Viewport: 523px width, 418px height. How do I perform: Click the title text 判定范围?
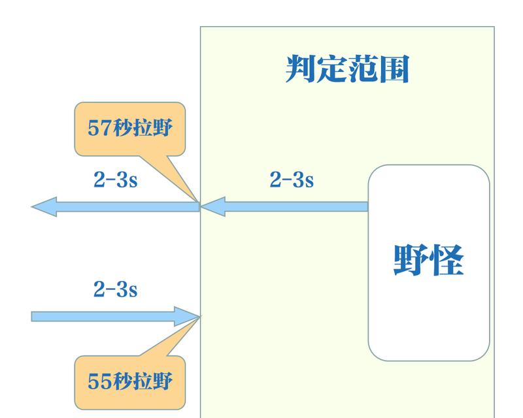pyautogui.click(x=347, y=69)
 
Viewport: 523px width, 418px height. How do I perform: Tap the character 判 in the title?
pyautogui.click(x=301, y=69)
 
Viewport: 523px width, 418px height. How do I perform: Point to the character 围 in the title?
pyautogui.click(x=395, y=69)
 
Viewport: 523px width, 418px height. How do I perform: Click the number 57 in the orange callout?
pyautogui.click(x=99, y=127)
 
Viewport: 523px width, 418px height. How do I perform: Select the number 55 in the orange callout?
pyautogui.click(x=99, y=381)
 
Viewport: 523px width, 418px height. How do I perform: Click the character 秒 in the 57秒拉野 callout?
pyautogui.click(x=122, y=127)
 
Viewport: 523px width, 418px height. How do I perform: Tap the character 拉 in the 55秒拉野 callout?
pyautogui.click(x=143, y=381)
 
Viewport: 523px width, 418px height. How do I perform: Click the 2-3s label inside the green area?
pyautogui.click(x=292, y=180)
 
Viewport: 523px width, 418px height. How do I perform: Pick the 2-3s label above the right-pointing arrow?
pyautogui.click(x=116, y=289)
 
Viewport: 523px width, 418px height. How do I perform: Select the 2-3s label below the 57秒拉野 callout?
pyautogui.click(x=116, y=180)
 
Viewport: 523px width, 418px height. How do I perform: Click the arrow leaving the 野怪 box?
pyautogui.click(x=284, y=206)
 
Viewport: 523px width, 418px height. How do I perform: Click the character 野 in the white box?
pyautogui.click(x=411, y=260)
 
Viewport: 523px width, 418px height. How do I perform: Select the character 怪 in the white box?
pyautogui.click(x=447, y=260)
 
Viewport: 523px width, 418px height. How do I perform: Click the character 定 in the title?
pyautogui.click(x=331, y=69)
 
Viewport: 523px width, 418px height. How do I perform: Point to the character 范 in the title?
pyautogui.click(x=363, y=69)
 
